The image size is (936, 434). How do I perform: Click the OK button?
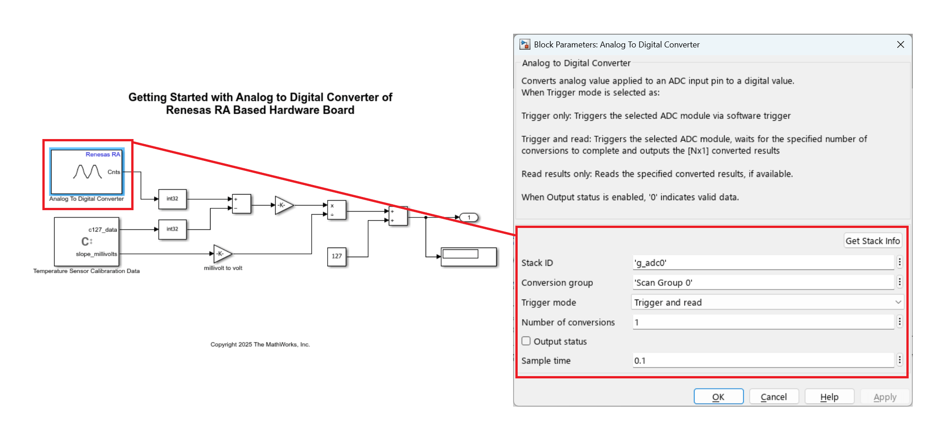point(718,397)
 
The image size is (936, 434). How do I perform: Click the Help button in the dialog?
point(829,397)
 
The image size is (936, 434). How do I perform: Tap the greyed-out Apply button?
point(885,397)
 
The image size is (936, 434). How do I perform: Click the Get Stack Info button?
point(872,241)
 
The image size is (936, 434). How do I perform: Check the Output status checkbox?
point(526,341)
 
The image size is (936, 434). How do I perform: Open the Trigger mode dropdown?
point(767,302)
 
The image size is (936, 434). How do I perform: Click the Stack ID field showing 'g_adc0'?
point(763,263)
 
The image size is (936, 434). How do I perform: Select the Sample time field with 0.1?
point(763,361)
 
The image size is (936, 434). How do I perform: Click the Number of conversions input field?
point(763,322)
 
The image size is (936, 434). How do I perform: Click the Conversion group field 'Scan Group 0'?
point(763,283)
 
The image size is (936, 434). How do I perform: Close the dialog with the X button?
point(900,45)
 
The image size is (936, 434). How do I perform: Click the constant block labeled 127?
point(337,256)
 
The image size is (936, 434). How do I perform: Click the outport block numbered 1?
point(468,217)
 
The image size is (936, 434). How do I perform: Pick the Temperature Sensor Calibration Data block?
point(86,242)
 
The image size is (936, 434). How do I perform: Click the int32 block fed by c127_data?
point(172,229)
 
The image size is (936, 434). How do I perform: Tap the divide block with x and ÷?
point(336,210)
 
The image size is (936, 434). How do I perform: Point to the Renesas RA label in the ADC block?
point(103,155)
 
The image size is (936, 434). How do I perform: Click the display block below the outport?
point(468,257)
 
